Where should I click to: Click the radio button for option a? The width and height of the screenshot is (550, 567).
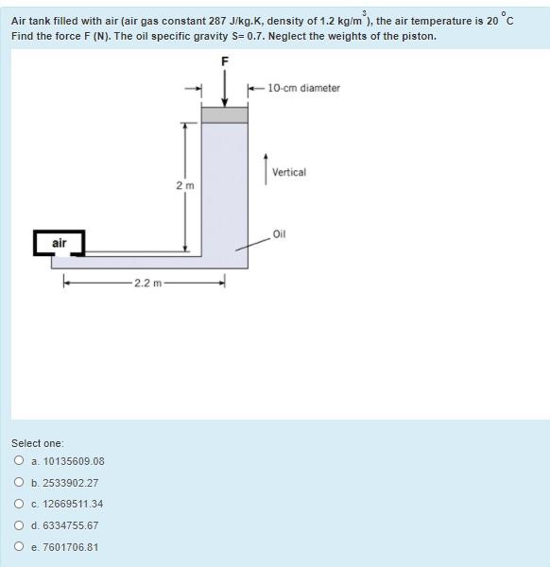[x=19, y=461]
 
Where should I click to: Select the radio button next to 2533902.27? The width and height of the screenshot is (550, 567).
[x=19, y=482]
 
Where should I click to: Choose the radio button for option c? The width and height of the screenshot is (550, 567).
[x=19, y=504]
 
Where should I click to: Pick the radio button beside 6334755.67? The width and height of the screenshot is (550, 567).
[x=19, y=525]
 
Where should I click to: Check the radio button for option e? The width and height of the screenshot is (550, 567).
[x=19, y=547]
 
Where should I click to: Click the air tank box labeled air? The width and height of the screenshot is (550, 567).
[x=59, y=243]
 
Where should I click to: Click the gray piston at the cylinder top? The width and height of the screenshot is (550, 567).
[x=224, y=114]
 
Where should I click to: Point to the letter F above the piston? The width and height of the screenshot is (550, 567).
[x=224, y=62]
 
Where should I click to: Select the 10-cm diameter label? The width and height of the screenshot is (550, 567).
[x=303, y=88]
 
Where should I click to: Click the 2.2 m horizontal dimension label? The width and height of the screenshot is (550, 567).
[x=146, y=283]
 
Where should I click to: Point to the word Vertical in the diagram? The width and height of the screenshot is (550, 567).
[x=288, y=173]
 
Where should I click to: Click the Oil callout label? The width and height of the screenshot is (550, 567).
[x=279, y=232]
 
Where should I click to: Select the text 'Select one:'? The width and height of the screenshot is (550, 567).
[x=38, y=443]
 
